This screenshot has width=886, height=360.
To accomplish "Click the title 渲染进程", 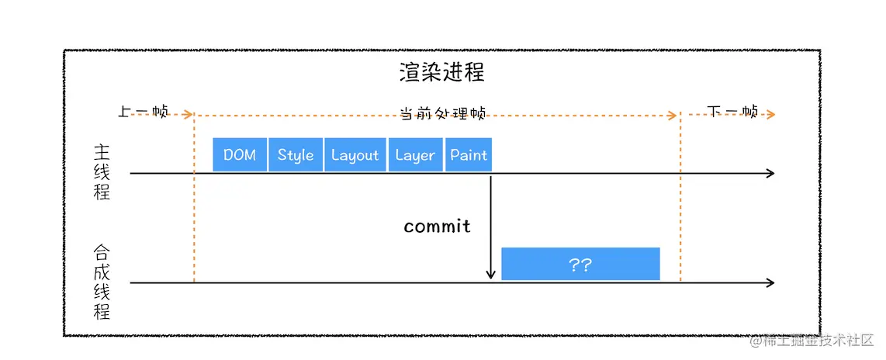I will (442, 73).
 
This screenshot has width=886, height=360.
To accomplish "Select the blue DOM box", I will (240, 154).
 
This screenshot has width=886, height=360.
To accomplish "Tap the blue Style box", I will (296, 154).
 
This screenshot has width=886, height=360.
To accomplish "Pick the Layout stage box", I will (355, 154).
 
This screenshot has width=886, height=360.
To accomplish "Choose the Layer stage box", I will (415, 154).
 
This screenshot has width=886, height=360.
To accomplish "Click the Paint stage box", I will (469, 154).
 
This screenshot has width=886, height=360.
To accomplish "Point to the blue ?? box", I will (580, 264).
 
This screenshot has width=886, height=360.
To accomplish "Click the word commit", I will (437, 226).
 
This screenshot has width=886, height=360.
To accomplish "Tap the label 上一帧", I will (144, 112).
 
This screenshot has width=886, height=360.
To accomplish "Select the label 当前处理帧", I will (442, 113).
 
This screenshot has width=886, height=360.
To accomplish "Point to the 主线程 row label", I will (102, 172).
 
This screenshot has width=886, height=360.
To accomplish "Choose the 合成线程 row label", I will (102, 282).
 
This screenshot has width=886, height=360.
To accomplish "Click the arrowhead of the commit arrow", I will (490, 274).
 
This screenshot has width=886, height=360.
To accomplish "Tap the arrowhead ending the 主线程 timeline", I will (770, 173).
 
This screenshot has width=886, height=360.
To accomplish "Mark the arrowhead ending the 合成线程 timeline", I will (770, 283).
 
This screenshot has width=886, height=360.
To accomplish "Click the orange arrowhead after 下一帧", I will (770, 114).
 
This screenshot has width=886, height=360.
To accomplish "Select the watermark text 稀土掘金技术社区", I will (818, 341).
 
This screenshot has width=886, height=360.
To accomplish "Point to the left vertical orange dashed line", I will (193, 202).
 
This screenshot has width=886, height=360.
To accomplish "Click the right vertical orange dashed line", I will (680, 202).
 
